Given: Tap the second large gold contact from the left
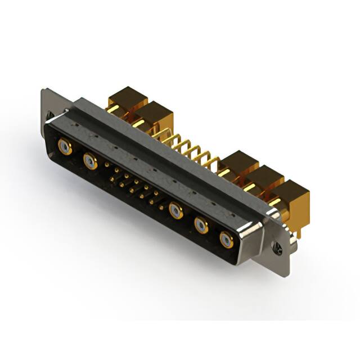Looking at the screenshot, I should click(x=89, y=163).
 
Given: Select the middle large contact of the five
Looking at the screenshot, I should click(x=175, y=211).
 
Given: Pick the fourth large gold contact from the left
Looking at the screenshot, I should click(x=201, y=226).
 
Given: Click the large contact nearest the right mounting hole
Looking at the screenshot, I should click(x=226, y=240).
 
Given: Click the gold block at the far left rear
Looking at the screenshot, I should click(x=128, y=100).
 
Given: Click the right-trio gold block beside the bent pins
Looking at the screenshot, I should click(x=240, y=164).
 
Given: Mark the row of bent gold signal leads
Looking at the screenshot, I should click(x=191, y=148).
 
